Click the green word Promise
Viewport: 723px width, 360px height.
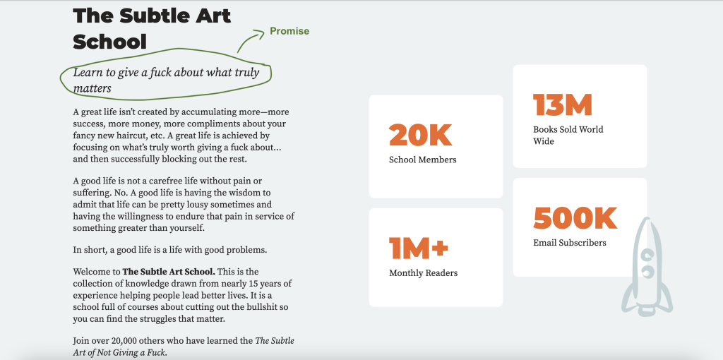click(x=289, y=31)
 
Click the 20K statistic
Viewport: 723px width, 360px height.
click(x=420, y=135)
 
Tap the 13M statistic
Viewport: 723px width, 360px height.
click(x=562, y=105)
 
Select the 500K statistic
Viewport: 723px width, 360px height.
click(x=575, y=218)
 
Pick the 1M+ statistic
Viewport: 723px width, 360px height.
click(x=419, y=248)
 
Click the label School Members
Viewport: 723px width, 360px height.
click(x=422, y=160)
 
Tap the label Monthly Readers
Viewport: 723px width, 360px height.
click(x=423, y=273)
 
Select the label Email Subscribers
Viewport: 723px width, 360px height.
click(x=569, y=243)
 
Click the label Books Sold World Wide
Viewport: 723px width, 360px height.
click(x=568, y=135)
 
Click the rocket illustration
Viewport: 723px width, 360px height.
click(x=647, y=266)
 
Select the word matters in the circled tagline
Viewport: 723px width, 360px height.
click(x=92, y=89)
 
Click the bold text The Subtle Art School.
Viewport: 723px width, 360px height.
click(x=169, y=272)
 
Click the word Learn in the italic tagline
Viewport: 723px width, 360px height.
click(x=88, y=73)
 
